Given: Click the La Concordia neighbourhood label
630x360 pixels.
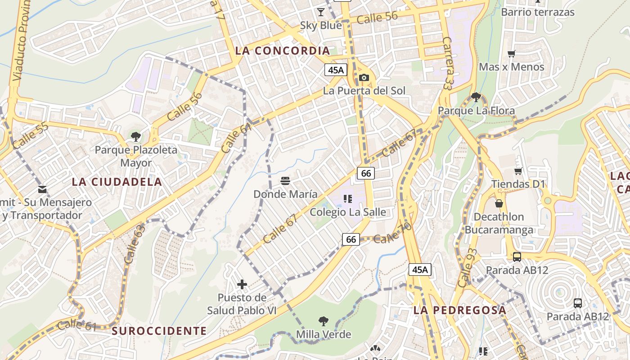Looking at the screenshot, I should [x=282, y=51].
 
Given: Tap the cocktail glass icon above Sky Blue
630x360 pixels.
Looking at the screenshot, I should [x=320, y=12].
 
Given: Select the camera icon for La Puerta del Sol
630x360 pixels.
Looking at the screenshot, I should [x=364, y=78].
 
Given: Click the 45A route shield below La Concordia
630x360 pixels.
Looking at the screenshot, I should [x=336, y=70].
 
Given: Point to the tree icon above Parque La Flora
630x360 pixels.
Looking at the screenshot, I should [x=476, y=97].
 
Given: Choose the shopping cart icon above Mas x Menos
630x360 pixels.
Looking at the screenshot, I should [x=511, y=54].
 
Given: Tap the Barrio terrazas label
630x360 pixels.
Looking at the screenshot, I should [x=537, y=12].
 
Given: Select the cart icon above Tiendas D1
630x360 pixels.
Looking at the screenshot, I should [x=518, y=171].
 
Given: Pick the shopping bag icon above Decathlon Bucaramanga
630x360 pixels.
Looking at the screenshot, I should [x=499, y=203].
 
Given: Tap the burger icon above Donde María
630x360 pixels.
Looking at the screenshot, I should [x=285, y=181].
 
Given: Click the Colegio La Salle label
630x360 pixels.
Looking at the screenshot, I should [x=348, y=212].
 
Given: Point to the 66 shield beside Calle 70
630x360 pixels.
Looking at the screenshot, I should [x=351, y=239].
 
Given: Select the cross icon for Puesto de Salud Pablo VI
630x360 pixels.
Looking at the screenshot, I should [x=242, y=284].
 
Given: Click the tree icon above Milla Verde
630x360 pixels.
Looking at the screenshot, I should [x=323, y=321].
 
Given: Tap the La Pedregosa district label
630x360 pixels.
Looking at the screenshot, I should [x=459, y=310].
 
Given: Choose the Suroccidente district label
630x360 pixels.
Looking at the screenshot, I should [x=159, y=331].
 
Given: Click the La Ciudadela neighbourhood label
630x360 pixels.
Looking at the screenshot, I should [x=117, y=182].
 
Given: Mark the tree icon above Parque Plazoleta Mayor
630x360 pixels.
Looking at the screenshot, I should [x=135, y=137].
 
